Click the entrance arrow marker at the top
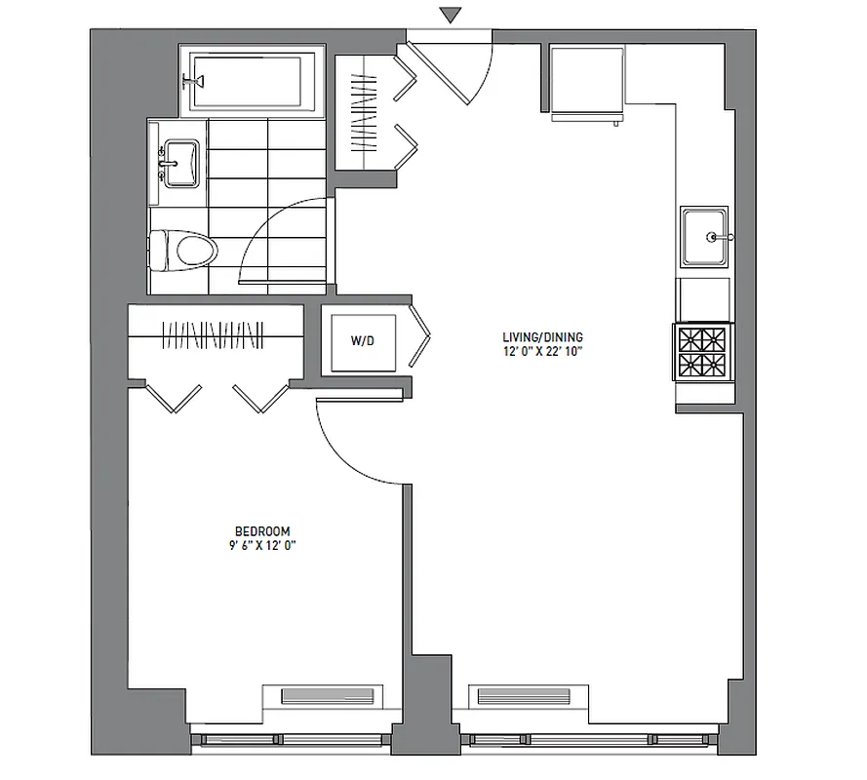449,15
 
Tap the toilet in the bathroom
186,250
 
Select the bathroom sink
180,162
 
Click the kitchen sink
704,236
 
